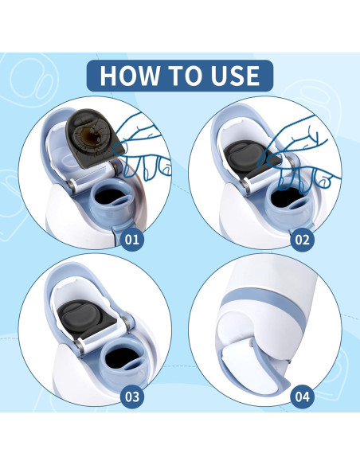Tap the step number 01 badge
click(132, 239)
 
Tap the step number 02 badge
click(302, 239)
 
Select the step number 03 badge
click(132, 397)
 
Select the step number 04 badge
click(302, 397)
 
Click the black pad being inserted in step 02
click(251, 158)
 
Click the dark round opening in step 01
click(111, 197)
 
